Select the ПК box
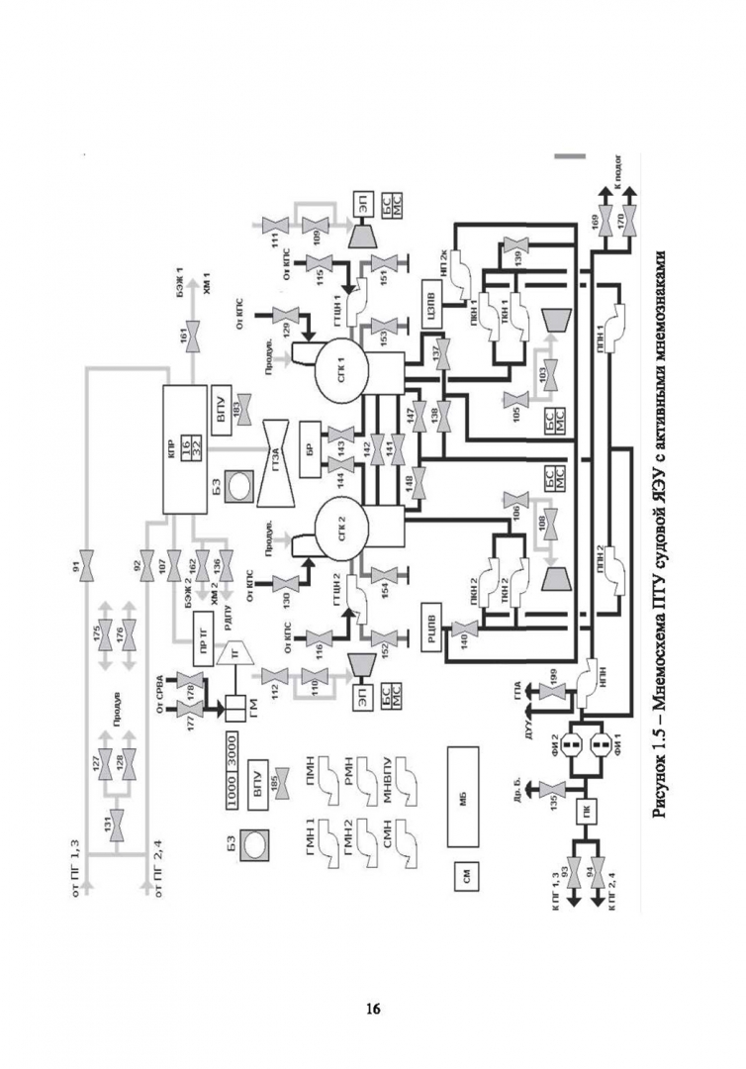(587, 815)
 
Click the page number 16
(373, 1009)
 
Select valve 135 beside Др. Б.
(556, 799)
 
